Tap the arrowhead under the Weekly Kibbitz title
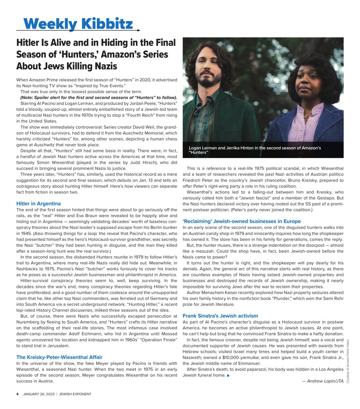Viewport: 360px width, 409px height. tap(138, 30)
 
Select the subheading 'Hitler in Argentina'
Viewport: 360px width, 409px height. tap(39, 203)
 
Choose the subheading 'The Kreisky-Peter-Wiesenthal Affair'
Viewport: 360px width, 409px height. tap(59, 357)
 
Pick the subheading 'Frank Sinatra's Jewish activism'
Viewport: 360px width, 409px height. tap(220, 316)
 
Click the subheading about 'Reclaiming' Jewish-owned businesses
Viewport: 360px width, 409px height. tap(242, 221)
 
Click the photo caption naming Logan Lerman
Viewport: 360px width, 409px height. tap(255, 150)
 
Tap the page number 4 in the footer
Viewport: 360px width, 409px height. tap(17, 394)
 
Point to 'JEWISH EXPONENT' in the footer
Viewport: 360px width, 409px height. tap(75, 394)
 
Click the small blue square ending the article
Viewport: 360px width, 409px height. tap(228, 376)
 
